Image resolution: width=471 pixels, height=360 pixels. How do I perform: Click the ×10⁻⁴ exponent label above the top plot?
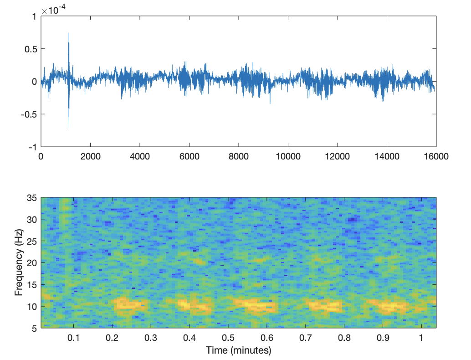(51, 10)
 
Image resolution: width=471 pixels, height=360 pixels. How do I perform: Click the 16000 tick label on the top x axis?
(436, 156)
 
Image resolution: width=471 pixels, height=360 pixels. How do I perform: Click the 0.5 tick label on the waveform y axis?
(31, 49)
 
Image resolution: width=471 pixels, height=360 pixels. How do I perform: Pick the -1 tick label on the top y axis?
(33, 147)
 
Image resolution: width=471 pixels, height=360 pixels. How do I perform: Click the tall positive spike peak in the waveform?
(69, 33)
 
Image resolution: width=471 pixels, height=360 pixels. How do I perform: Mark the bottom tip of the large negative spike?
(69, 127)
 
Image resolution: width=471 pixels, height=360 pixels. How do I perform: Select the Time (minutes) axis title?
(239, 350)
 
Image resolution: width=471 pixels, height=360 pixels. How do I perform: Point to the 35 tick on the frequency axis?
(32, 198)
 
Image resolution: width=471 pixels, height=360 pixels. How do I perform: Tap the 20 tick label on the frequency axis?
(32, 263)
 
